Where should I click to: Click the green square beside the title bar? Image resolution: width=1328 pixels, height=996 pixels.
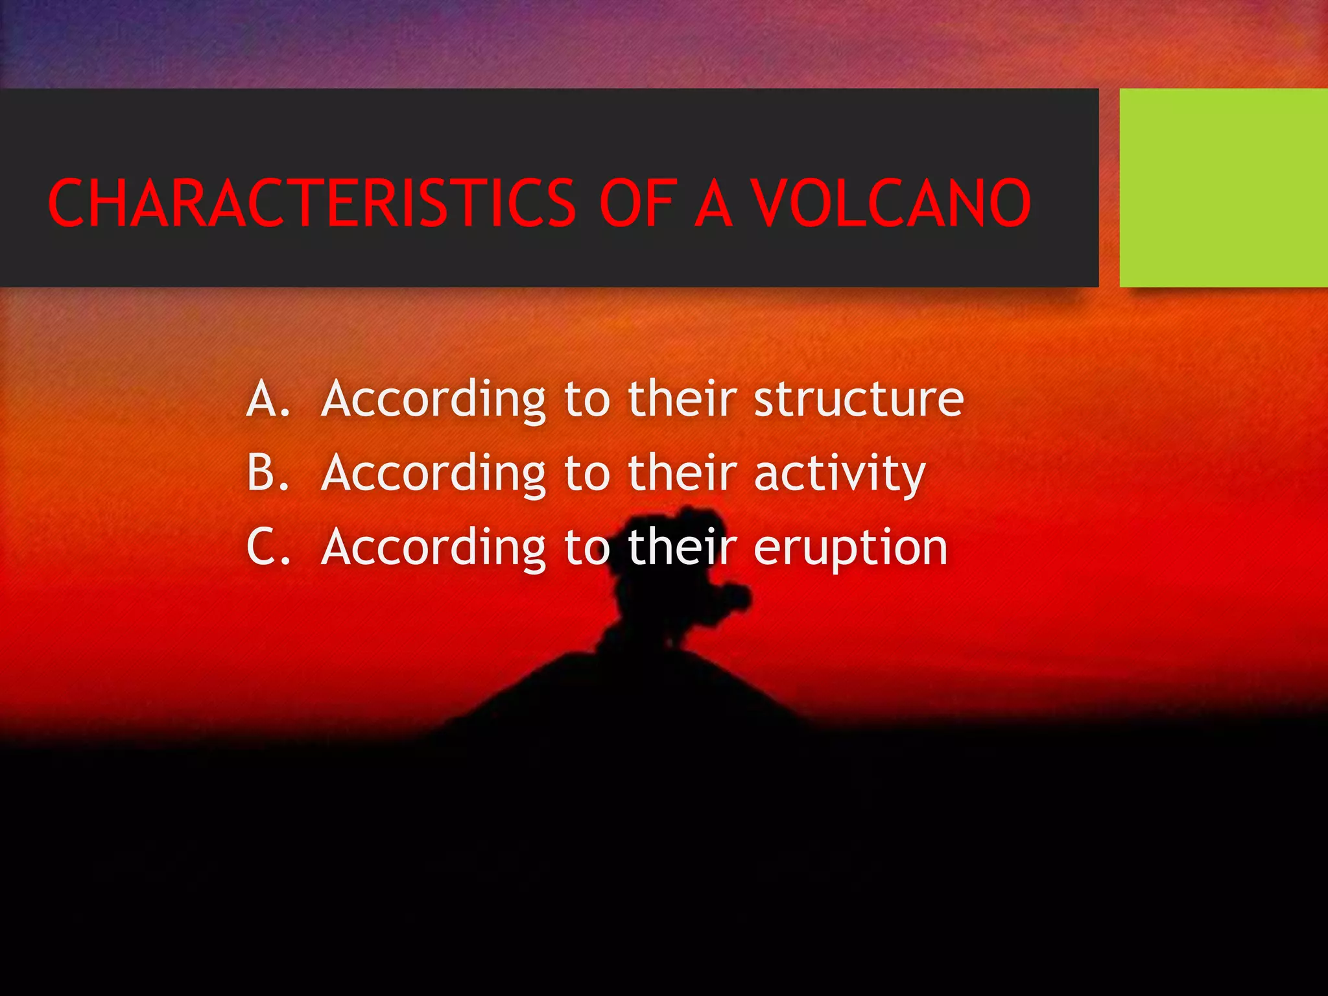point(1223,187)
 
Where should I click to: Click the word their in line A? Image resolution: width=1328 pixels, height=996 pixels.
point(682,398)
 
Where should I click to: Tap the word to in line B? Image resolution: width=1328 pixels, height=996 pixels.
point(587,473)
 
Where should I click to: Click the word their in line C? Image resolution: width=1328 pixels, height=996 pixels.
point(682,547)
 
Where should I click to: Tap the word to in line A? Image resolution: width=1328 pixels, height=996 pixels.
point(587,399)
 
